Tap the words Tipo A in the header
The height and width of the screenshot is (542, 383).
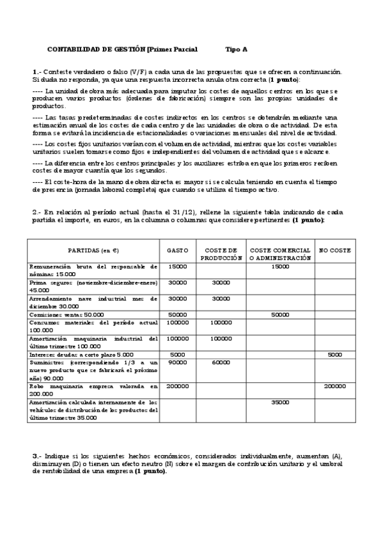click(x=237, y=49)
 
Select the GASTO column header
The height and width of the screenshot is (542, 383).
click(x=177, y=251)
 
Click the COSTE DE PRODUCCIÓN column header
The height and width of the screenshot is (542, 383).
click(x=221, y=254)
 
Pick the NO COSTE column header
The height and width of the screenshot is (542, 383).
click(x=334, y=251)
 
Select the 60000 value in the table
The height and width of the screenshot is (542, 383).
click(x=221, y=362)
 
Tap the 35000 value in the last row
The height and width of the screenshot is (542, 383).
click(x=280, y=403)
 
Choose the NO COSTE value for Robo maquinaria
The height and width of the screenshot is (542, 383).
click(x=334, y=387)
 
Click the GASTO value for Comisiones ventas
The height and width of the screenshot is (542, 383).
click(x=177, y=314)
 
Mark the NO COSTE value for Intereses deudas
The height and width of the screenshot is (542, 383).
click(x=334, y=354)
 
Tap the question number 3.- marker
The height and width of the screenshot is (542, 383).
click(x=37, y=455)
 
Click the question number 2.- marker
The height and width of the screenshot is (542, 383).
click(x=37, y=212)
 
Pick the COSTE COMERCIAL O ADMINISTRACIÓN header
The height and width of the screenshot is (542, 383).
click(x=280, y=254)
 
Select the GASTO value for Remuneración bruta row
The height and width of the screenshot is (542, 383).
click(x=177, y=267)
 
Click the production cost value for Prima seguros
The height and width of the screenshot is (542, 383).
click(x=221, y=283)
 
